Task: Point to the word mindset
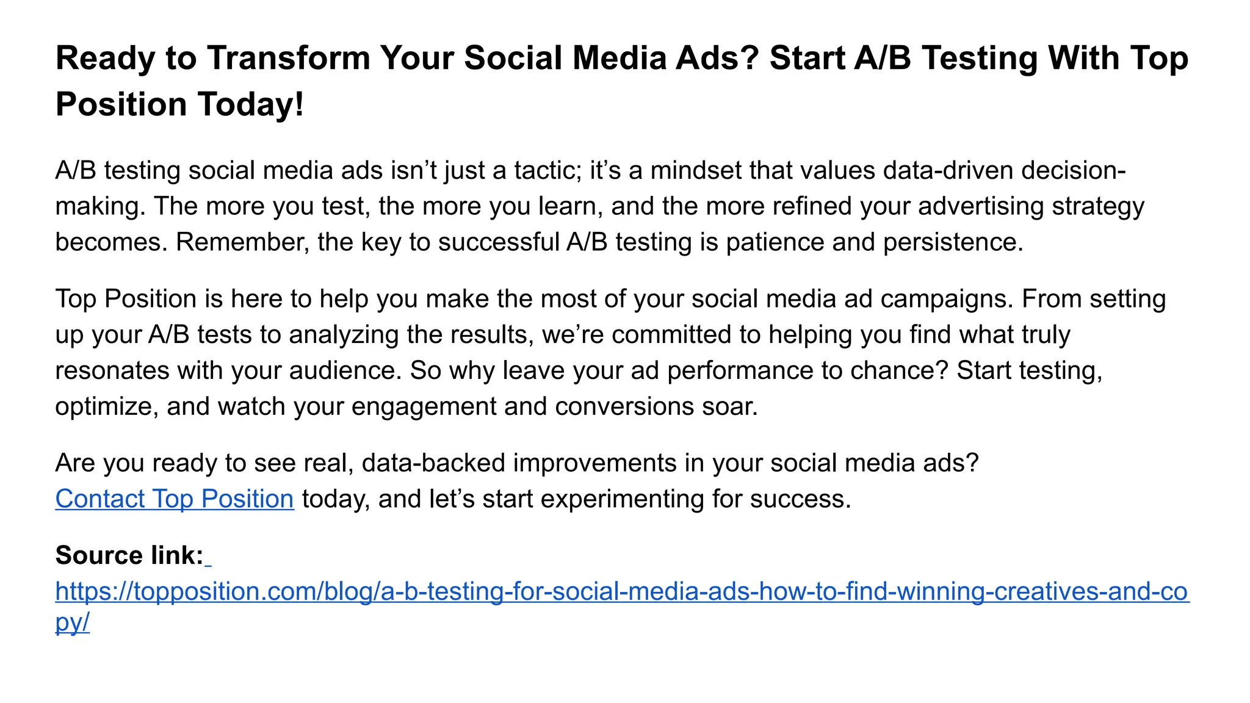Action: pyautogui.click(x=695, y=170)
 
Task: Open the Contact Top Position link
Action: pyautogui.click(x=175, y=499)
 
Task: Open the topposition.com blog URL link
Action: pyautogui.click(x=622, y=592)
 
